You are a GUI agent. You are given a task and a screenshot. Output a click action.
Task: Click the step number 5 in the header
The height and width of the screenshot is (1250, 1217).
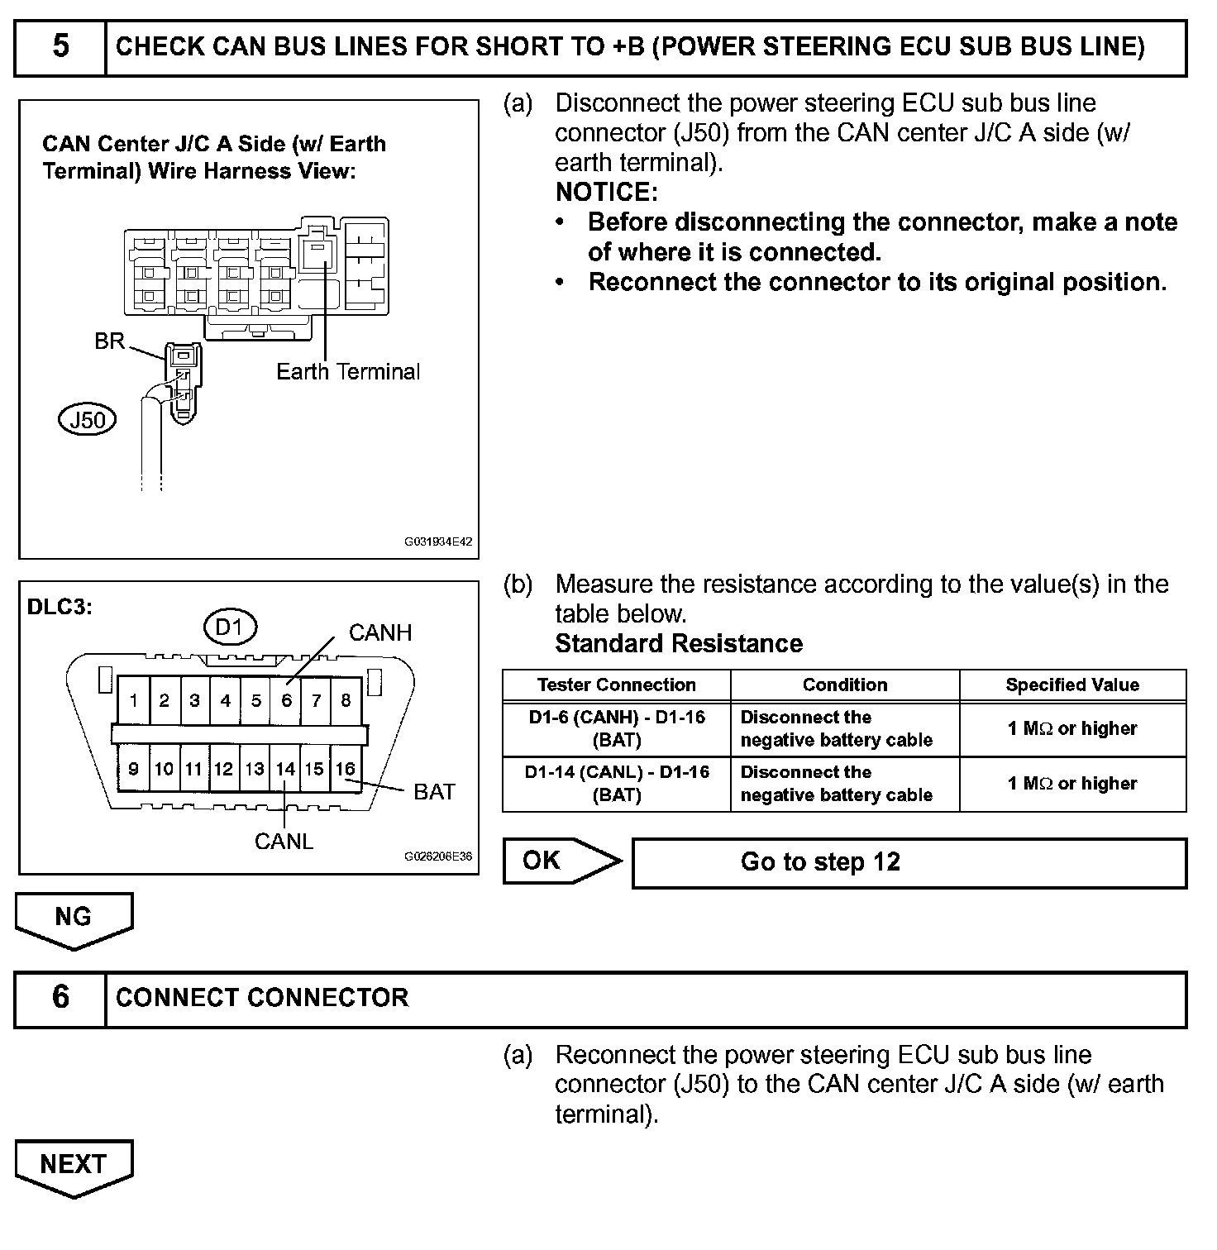click(60, 46)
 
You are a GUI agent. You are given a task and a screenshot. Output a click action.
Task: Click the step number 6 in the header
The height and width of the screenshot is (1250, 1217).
click(60, 997)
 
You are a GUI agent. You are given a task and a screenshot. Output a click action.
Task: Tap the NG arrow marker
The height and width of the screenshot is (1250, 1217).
click(74, 917)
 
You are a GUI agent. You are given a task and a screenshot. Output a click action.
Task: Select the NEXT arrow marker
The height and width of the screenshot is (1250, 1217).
click(74, 1164)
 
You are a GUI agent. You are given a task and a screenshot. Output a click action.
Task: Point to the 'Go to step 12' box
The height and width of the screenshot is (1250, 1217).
click(909, 863)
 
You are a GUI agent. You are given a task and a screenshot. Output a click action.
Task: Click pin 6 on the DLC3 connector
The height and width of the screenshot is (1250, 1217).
click(286, 701)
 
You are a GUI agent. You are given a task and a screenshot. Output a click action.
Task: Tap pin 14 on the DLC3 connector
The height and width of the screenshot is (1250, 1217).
click(285, 770)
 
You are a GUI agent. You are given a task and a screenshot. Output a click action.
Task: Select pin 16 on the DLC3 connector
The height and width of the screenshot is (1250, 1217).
click(345, 770)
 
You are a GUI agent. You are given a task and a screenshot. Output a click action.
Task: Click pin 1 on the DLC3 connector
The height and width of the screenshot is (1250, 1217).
click(133, 701)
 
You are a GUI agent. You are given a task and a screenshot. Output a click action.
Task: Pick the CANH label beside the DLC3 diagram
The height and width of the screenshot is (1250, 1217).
click(379, 633)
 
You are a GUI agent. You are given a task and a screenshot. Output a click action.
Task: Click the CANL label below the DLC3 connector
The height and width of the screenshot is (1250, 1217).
click(284, 842)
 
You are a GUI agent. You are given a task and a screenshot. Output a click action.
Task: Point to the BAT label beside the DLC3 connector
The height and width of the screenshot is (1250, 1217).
click(434, 792)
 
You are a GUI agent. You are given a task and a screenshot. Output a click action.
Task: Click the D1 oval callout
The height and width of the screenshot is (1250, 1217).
click(229, 627)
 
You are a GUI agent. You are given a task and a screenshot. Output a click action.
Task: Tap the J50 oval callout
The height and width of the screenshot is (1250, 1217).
click(88, 420)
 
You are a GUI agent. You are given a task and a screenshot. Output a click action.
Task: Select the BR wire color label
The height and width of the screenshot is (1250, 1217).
click(109, 341)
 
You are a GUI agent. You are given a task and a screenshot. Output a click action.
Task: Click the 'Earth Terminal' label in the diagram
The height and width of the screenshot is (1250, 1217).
click(348, 372)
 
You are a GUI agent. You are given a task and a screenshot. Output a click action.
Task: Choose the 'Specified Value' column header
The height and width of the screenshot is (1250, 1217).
click(1071, 685)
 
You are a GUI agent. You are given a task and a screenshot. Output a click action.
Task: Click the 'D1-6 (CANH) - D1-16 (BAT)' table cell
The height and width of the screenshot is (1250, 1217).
click(617, 728)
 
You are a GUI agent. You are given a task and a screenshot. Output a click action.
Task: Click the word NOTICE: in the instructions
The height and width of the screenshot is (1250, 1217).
click(606, 193)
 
